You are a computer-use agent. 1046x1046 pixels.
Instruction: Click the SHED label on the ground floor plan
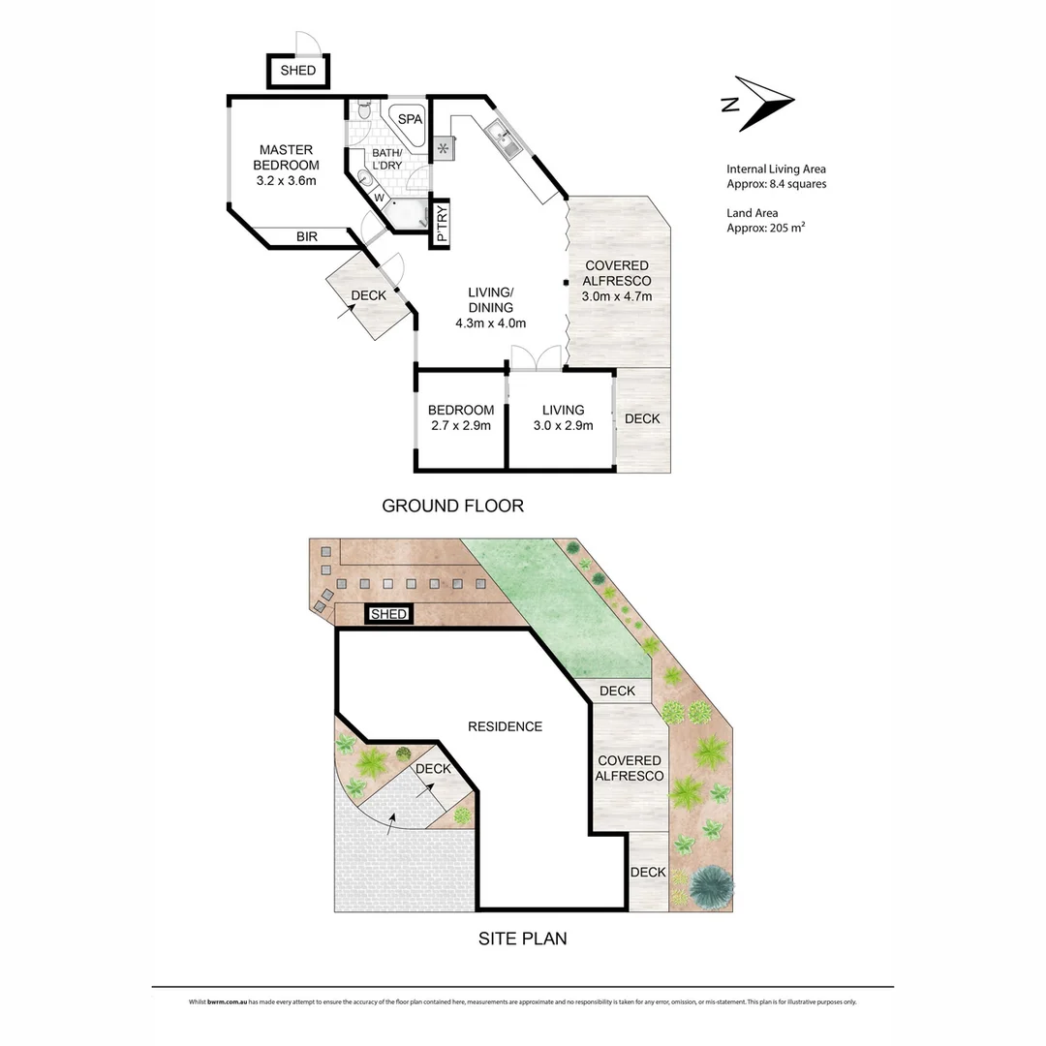pos(298,72)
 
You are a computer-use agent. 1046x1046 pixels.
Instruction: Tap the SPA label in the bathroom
pos(412,119)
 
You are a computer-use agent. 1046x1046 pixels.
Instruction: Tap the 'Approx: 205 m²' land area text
pos(767,229)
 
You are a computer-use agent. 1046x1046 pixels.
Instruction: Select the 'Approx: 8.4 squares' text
pos(776,184)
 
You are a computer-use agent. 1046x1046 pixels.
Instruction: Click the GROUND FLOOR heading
pos(452,506)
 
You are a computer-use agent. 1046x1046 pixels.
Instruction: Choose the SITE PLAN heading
pos(523,938)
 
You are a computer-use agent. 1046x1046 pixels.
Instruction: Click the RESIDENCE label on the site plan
pos(505,726)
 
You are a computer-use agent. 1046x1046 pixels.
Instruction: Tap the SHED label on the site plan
pos(388,614)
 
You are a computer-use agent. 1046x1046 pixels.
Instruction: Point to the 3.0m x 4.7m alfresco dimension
pos(617,296)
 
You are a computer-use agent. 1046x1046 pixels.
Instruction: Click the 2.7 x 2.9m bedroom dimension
pos(461,425)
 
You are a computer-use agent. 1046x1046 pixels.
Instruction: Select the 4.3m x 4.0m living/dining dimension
pos(490,323)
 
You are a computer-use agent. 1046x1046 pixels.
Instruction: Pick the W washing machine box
pos(380,199)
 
